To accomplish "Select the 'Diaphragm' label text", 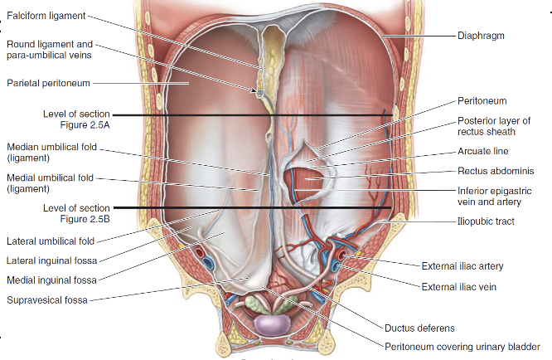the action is click(481, 36).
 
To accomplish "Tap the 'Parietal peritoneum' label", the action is click(47, 82).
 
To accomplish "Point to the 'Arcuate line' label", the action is click(482, 152).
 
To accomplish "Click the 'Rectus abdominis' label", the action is click(496, 172).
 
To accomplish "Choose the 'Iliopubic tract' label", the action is click(486, 221).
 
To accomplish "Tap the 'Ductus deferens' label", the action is click(419, 327).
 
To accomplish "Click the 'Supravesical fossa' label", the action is click(48, 299).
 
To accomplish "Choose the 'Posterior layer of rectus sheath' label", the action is click(494, 125).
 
